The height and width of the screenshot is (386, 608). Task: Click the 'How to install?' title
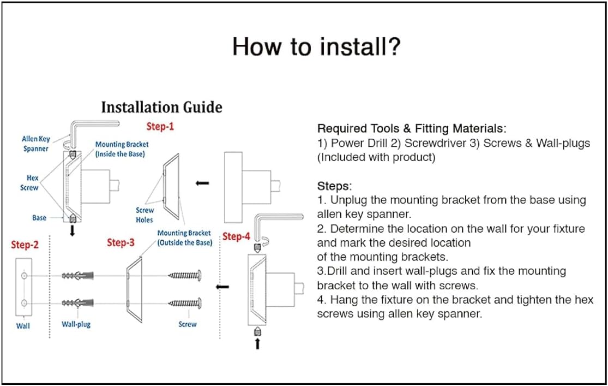point(316,47)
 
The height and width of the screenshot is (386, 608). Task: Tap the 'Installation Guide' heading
point(161,107)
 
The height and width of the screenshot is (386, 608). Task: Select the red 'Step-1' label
point(160,127)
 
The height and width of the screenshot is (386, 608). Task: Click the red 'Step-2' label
point(25,245)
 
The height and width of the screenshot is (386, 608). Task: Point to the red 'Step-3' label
point(121,242)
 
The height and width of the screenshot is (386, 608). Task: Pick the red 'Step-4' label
point(236,236)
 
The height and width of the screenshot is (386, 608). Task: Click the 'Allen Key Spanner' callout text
point(36,144)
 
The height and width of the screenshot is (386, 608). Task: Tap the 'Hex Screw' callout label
point(32,183)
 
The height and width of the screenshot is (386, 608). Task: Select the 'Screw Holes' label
point(145,215)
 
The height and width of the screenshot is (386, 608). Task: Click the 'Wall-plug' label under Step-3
point(76,324)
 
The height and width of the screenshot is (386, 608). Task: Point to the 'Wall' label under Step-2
point(23,326)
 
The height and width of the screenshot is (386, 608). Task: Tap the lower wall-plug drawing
point(80,303)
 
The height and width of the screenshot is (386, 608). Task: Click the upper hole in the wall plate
point(24,277)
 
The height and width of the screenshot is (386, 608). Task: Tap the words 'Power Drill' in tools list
point(357,144)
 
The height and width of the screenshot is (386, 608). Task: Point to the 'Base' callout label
point(39,218)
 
